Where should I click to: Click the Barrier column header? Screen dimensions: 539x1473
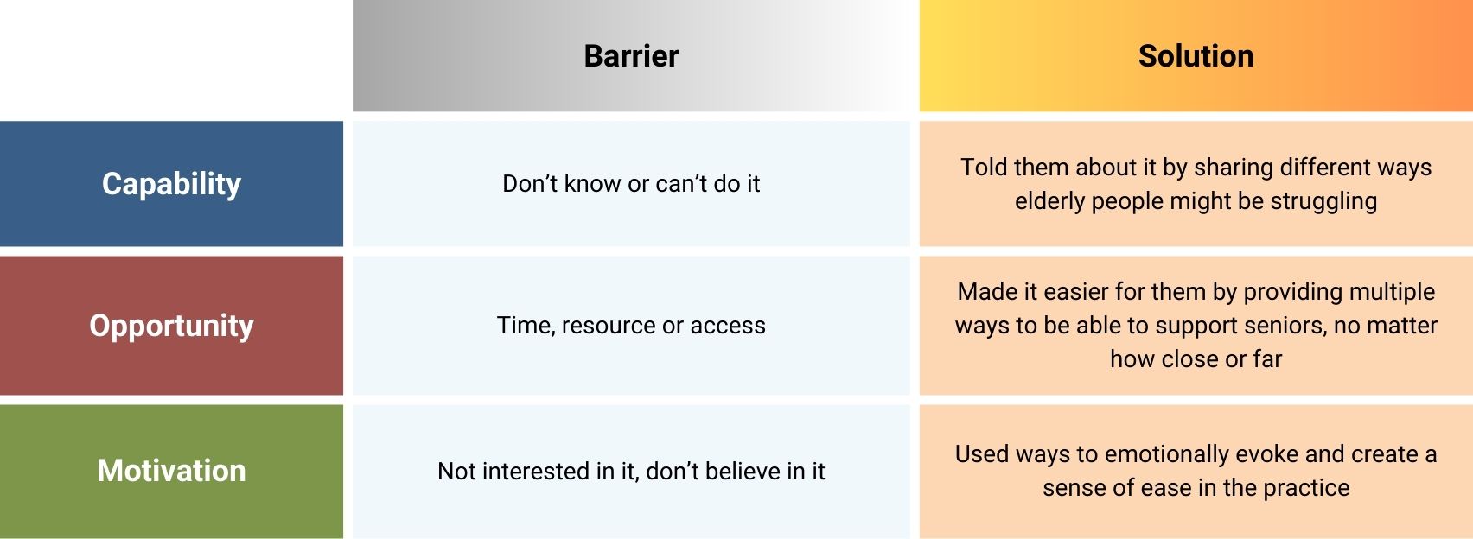(x=631, y=56)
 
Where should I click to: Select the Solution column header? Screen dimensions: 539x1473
(x=1196, y=56)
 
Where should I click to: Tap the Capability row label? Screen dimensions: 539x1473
(x=171, y=183)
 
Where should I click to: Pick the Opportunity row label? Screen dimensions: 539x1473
(x=171, y=326)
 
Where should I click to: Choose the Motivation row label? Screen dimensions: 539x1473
(x=171, y=471)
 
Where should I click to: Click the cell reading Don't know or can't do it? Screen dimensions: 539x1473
(x=631, y=184)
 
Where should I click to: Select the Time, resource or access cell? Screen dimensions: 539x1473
(x=631, y=326)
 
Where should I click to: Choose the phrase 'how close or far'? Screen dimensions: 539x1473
(x=1196, y=359)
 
